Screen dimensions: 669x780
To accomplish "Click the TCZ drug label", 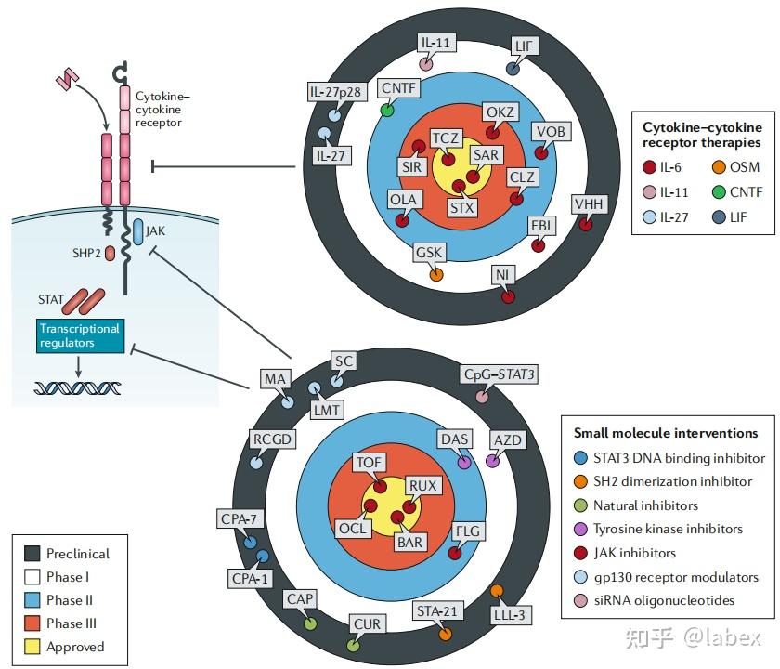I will (447, 138).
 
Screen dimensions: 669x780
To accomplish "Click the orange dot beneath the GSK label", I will (436, 275).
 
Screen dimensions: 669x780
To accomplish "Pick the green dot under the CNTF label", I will (387, 110).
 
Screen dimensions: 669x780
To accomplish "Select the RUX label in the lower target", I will (422, 485).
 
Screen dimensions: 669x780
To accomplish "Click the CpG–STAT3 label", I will (500, 374).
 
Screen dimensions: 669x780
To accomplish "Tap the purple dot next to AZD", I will (493, 461).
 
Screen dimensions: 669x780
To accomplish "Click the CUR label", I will (368, 623).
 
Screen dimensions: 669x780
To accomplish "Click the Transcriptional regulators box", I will (79, 335).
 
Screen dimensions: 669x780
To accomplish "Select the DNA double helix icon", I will (78, 387).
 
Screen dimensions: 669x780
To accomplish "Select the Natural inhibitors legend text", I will (645, 505).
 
